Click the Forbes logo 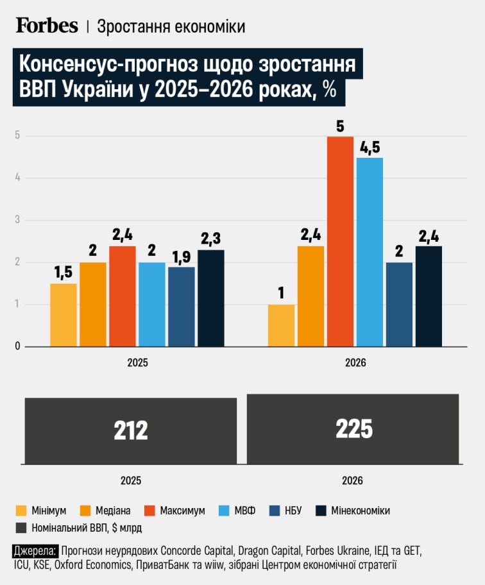click(x=47, y=26)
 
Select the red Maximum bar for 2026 click(x=340, y=241)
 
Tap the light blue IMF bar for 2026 click(x=370, y=251)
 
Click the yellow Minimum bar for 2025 click(x=64, y=315)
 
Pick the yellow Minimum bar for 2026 click(x=281, y=325)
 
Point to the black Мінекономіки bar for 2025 click(x=211, y=298)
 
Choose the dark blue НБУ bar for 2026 click(x=399, y=305)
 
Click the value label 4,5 click(x=370, y=147)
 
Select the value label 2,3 click(x=211, y=239)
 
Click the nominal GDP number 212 click(x=131, y=430)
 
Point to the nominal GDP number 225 click(x=353, y=428)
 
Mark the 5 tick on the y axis click(x=19, y=136)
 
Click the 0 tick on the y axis click(x=19, y=346)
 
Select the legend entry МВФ click(x=243, y=511)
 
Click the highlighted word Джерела click(x=35, y=551)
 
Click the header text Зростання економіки click(x=171, y=26)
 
